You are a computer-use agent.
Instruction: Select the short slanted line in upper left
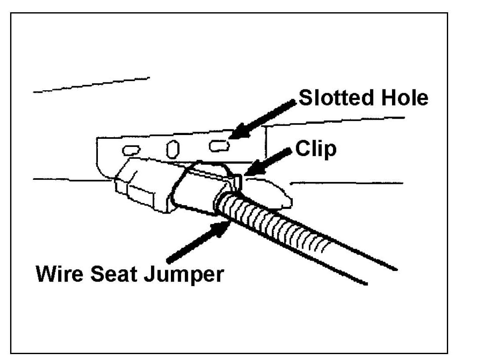pyautogui.click(x=91, y=85)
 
